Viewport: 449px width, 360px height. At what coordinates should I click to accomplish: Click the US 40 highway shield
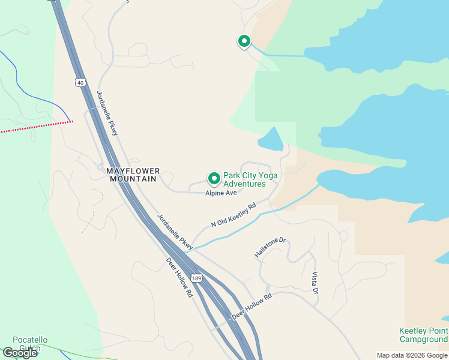pos(80,82)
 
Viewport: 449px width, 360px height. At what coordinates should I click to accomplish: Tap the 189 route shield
pos(196,278)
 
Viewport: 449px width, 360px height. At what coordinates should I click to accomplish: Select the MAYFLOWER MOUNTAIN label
pos(133,175)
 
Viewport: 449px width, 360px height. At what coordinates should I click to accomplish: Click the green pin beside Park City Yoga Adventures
pos(214,178)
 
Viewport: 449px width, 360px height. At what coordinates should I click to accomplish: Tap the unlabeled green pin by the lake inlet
pos(244,41)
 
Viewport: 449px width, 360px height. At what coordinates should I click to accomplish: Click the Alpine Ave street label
pos(221,193)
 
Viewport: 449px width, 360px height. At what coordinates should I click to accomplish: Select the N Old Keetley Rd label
pos(234,215)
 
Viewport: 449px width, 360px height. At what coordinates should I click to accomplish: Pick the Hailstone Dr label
pos(271,247)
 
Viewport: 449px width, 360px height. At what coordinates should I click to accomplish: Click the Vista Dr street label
pos(315,283)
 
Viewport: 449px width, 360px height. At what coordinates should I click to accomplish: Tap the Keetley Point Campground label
pos(423,335)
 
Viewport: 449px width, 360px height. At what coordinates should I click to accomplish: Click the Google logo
pos(20,353)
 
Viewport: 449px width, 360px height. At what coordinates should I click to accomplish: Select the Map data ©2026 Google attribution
pos(412,355)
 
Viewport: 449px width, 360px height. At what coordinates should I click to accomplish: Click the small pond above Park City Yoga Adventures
pos(271,140)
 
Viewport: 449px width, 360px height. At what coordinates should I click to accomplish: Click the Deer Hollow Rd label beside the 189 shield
pos(179,278)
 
